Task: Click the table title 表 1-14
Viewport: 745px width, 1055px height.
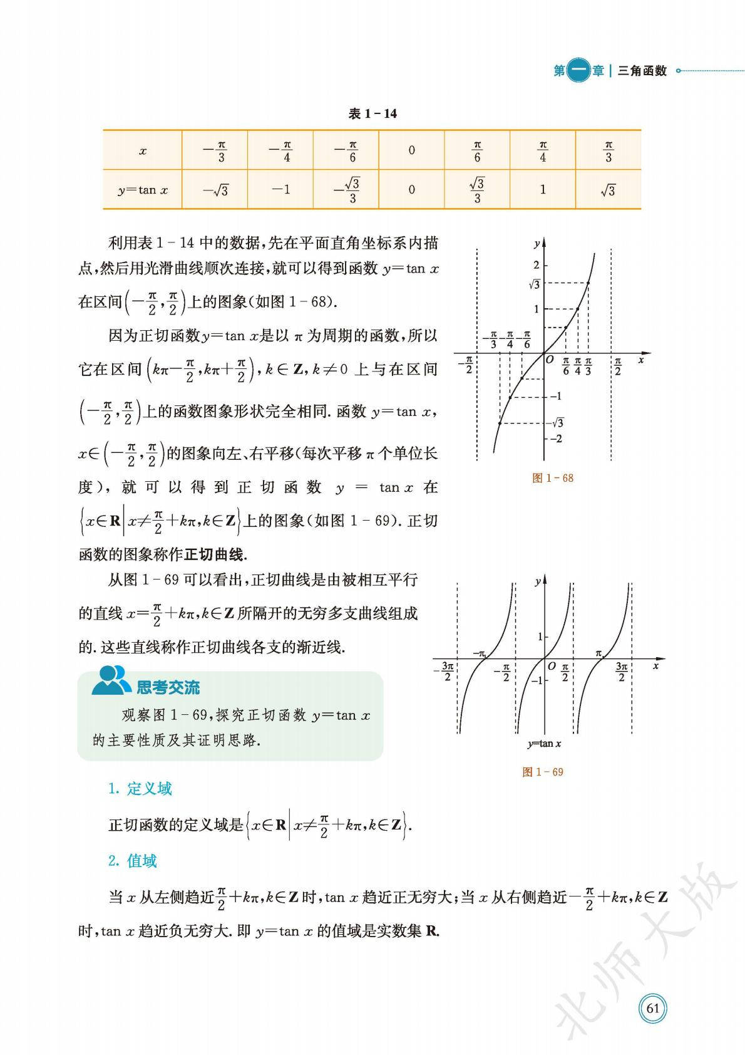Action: pyautogui.click(x=372, y=114)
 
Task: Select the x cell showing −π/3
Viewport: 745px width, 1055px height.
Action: pyautogui.click(x=215, y=151)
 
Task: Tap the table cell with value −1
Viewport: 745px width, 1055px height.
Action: pyautogui.click(x=281, y=189)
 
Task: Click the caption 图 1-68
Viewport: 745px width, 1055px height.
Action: pyautogui.click(x=552, y=478)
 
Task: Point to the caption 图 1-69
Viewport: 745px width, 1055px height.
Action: pyautogui.click(x=543, y=772)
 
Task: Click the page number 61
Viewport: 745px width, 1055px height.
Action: pyautogui.click(x=653, y=1008)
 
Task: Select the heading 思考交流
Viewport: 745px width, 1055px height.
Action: pyautogui.click(x=168, y=688)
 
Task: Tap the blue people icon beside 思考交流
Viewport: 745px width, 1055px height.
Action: pyautogui.click(x=111, y=681)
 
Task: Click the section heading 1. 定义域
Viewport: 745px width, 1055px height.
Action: pyautogui.click(x=140, y=789)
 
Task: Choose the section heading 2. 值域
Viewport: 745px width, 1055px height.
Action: pyautogui.click(x=133, y=861)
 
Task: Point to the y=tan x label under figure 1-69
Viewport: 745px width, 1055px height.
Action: pyautogui.click(x=543, y=744)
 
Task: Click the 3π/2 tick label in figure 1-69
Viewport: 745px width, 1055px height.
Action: pyautogui.click(x=621, y=672)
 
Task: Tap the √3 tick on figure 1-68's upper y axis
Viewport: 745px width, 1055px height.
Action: pyautogui.click(x=534, y=284)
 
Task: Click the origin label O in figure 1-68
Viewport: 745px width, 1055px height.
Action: pyautogui.click(x=550, y=360)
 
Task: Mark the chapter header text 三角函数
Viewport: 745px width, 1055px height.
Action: pyautogui.click(x=642, y=71)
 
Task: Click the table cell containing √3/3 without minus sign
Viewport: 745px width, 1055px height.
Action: pyautogui.click(x=477, y=190)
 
